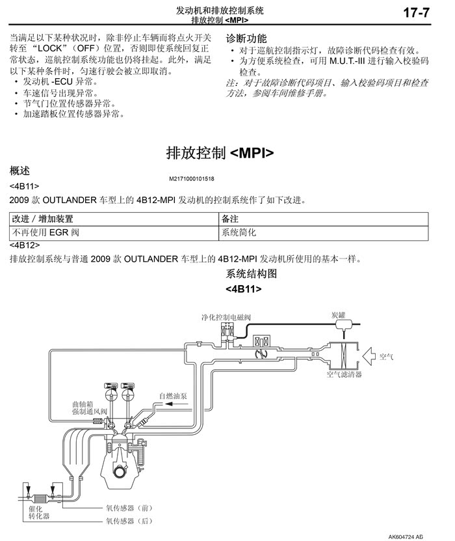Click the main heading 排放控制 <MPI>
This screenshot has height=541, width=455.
220,153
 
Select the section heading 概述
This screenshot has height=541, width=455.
20,171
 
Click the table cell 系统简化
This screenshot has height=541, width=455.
239,232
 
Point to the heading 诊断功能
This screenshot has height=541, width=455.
246,38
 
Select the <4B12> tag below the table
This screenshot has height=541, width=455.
25,245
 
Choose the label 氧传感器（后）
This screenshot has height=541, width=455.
129,520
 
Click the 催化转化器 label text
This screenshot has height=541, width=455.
38,511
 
